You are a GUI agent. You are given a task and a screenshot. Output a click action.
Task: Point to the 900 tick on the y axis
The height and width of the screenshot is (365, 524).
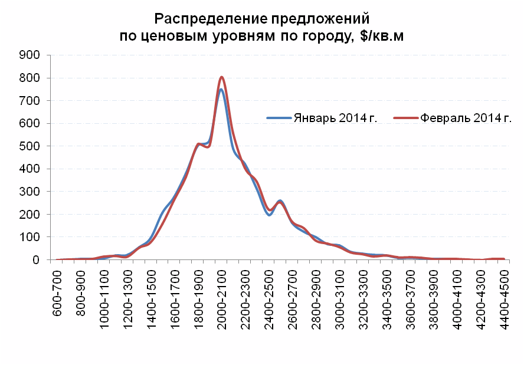point(30,55)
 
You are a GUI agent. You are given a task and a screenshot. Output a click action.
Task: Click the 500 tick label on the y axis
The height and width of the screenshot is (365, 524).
point(30,146)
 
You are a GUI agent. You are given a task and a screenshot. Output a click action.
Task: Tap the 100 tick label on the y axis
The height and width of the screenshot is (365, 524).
point(30,237)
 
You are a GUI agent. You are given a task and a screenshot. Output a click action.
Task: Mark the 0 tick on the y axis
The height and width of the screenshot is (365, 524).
point(35,260)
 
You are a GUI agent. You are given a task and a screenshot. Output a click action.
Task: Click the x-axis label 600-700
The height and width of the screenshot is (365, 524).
point(58,290)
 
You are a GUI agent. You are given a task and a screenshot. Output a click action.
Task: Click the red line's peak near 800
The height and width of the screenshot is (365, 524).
point(221,77)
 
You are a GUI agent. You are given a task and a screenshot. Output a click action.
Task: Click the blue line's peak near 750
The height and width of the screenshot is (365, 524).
point(220,90)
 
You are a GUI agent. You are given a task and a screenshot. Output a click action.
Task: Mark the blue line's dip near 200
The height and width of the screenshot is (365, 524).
point(269,215)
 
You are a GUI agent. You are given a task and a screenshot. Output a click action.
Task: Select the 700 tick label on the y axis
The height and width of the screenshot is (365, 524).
point(30,100)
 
